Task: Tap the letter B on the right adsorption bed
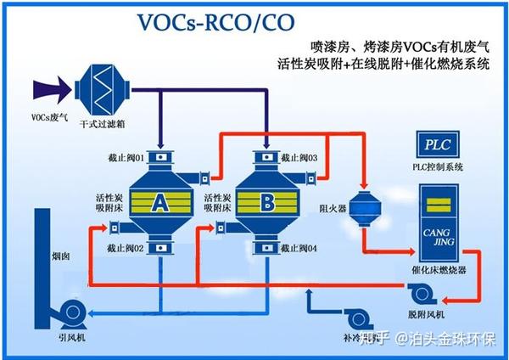[267, 202]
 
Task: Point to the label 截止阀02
[125, 248]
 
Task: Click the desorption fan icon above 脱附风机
[422, 294]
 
